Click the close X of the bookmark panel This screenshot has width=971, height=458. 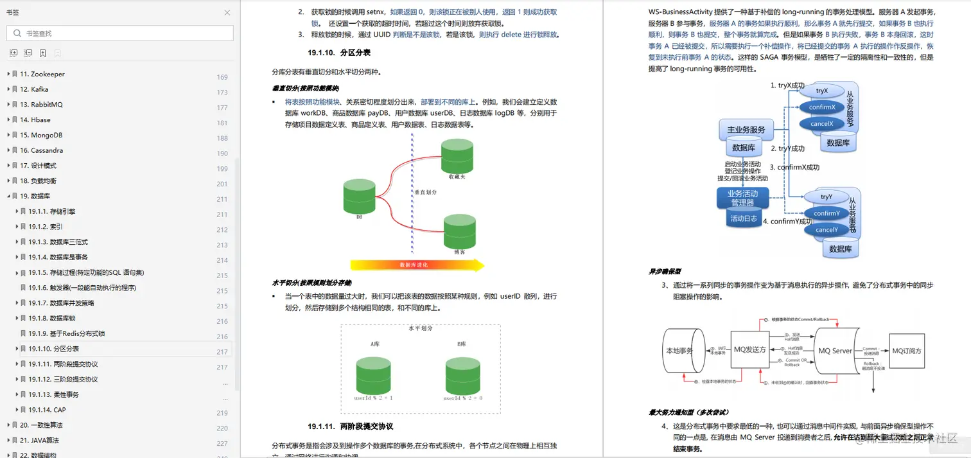(227, 12)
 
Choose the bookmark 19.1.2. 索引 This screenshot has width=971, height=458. (45, 227)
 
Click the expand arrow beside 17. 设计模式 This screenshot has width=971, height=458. (8, 166)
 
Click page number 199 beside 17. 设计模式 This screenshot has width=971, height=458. (222, 168)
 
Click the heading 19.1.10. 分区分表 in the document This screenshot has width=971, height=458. (338, 53)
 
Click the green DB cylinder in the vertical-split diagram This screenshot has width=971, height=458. (359, 197)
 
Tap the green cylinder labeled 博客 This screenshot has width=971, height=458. (459, 231)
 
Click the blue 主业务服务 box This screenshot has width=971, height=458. (746, 130)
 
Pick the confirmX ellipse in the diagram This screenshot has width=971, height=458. (821, 107)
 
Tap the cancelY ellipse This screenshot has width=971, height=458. (826, 230)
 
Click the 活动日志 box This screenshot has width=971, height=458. (743, 218)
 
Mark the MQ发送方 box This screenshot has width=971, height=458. (749, 351)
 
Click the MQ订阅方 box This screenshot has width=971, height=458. (906, 351)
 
